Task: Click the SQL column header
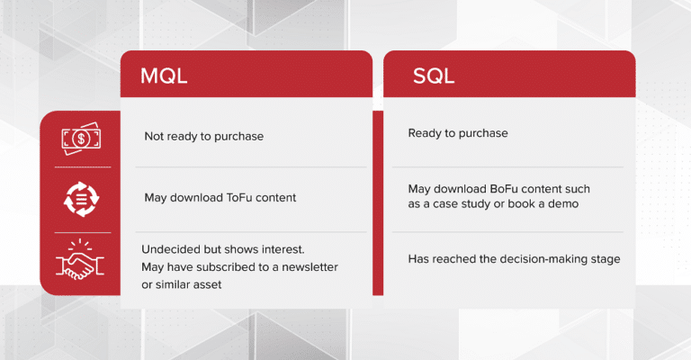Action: (x=434, y=75)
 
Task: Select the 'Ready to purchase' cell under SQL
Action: (x=458, y=133)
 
